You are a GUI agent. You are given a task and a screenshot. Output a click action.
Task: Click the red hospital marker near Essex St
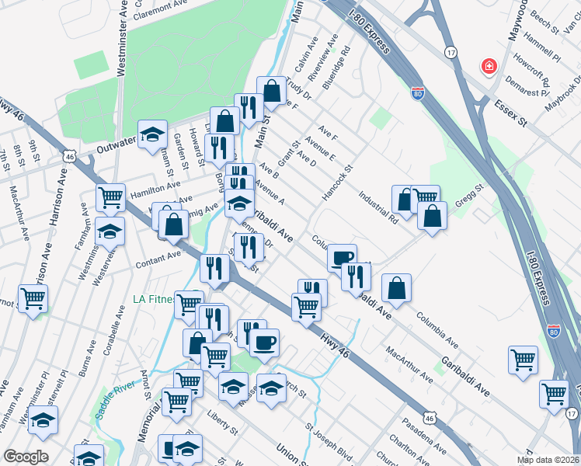489,66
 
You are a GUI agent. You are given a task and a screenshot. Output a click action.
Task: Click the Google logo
26,457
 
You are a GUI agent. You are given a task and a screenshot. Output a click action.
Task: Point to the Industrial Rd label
377,207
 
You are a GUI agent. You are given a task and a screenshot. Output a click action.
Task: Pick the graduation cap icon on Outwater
153,134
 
